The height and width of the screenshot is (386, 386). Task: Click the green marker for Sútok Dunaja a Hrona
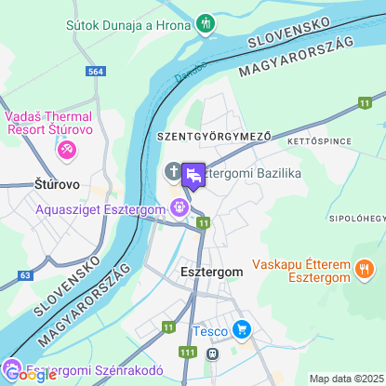click(206, 21)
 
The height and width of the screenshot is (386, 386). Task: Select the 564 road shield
click(95, 71)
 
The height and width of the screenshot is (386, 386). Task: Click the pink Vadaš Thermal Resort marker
click(67, 149)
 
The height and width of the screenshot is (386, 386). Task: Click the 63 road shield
click(25, 275)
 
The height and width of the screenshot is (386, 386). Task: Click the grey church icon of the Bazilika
click(173, 171)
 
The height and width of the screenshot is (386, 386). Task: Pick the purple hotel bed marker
click(193, 174)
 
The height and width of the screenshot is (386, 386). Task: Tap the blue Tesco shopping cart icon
click(242, 328)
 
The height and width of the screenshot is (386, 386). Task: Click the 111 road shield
click(189, 352)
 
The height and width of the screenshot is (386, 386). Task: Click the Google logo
click(30, 375)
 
